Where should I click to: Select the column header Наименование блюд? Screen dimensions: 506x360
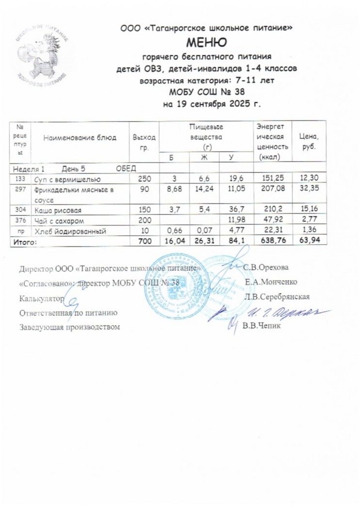(80, 137)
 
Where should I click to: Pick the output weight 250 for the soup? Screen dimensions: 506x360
(145, 179)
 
